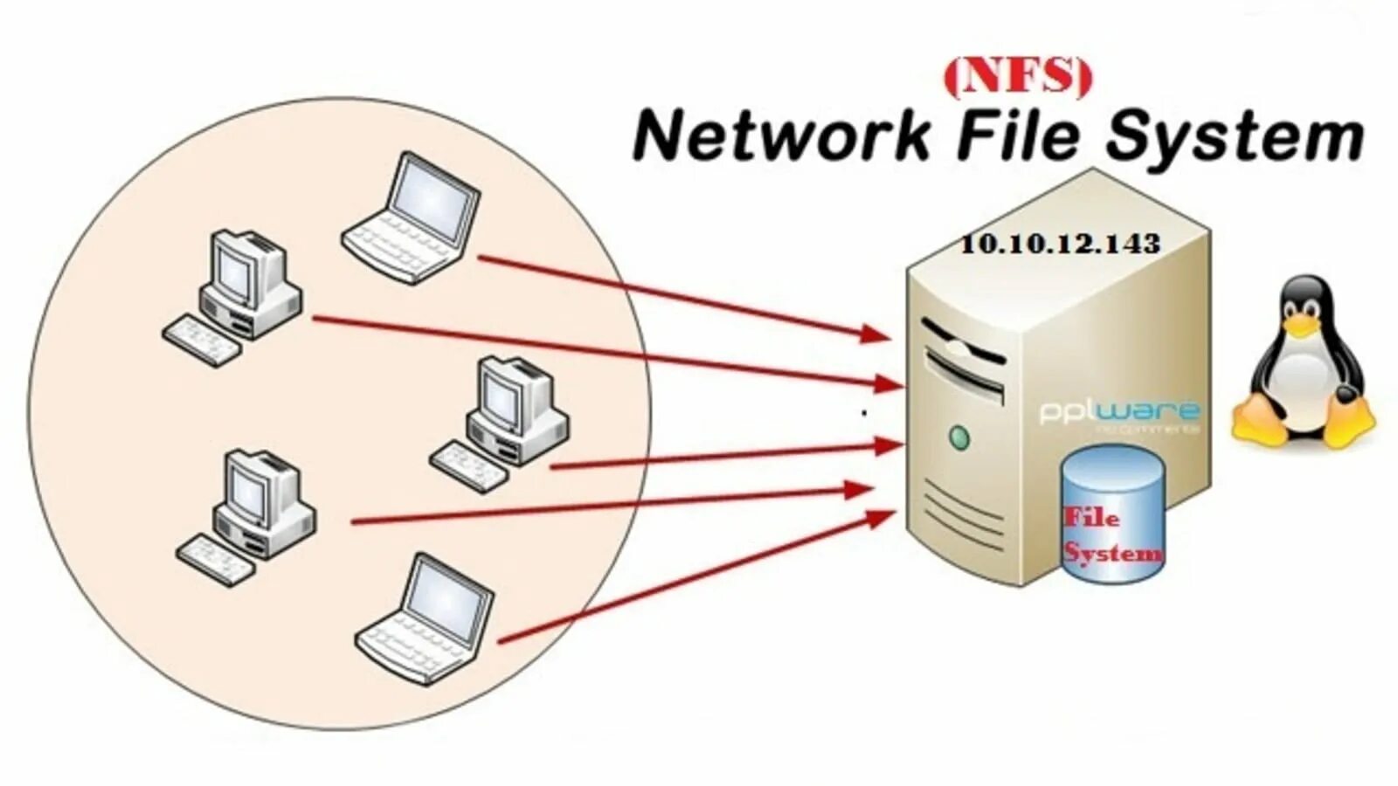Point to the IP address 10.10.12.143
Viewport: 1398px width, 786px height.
click(1060, 244)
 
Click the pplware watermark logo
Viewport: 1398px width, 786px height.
click(1119, 411)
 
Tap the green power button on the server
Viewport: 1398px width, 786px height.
click(959, 437)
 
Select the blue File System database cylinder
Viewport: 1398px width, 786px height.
click(1112, 515)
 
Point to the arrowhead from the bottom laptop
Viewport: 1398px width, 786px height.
click(882, 518)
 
